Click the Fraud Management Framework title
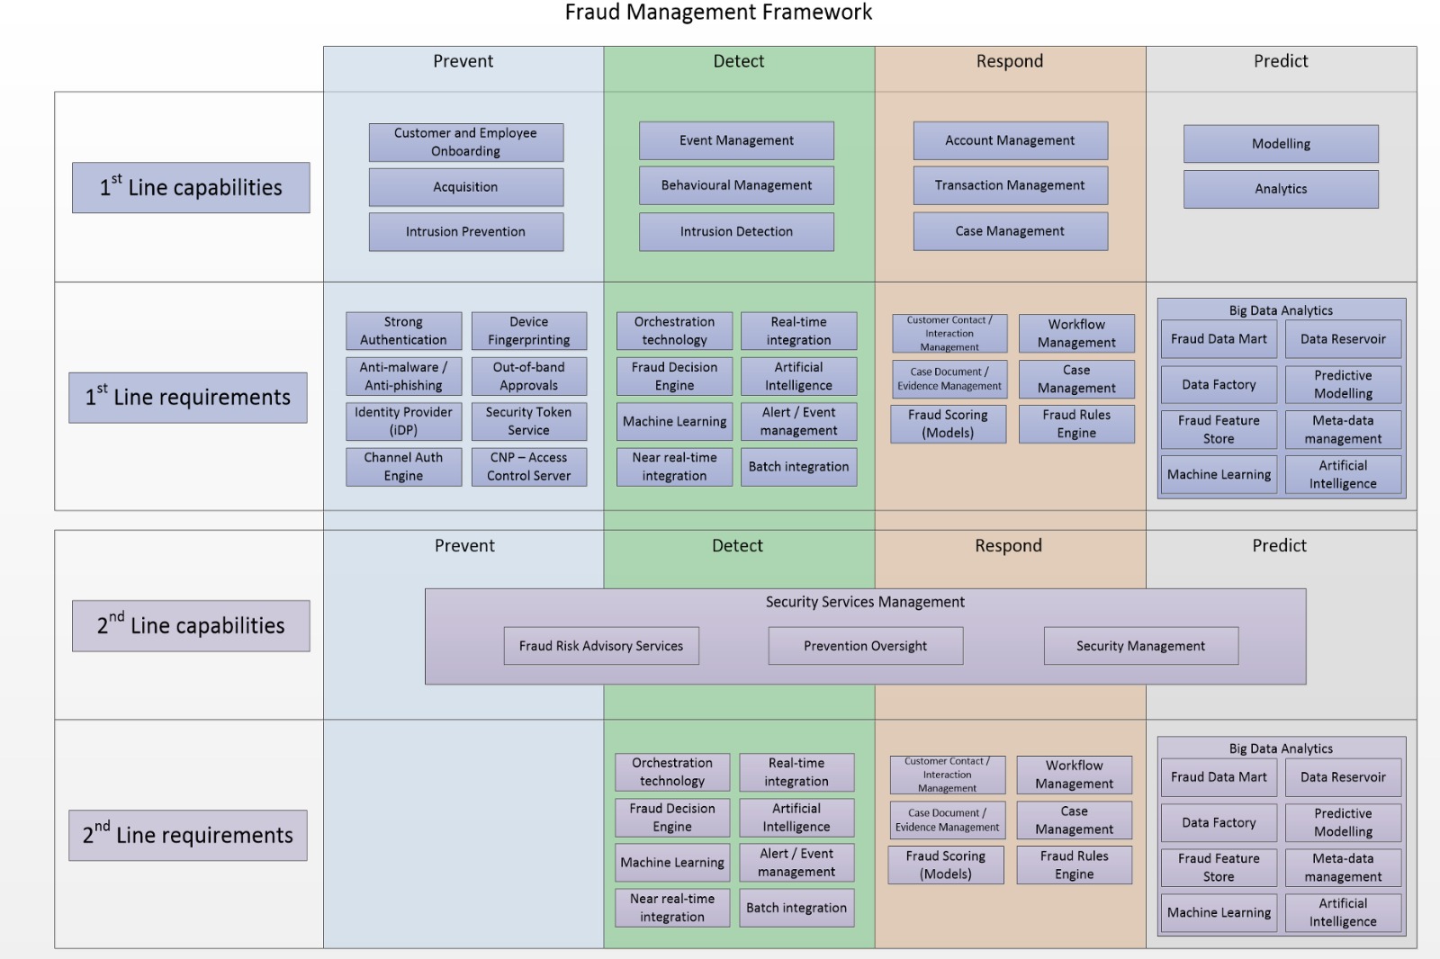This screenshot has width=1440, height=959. [x=718, y=13]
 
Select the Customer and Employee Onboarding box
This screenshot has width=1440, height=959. [x=465, y=142]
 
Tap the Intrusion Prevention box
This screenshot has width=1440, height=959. [x=465, y=232]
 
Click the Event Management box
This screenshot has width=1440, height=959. [x=736, y=141]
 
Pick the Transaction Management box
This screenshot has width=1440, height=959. [x=1010, y=185]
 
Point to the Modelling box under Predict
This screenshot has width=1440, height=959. [x=1281, y=144]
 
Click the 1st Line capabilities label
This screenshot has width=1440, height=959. [x=191, y=187]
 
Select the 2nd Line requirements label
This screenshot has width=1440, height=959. [x=187, y=835]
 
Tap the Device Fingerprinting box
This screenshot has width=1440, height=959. [x=528, y=331]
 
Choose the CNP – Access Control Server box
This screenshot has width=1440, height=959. [x=528, y=467]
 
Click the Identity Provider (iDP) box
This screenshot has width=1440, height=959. [x=403, y=421]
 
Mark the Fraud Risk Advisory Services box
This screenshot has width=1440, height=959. [x=601, y=646]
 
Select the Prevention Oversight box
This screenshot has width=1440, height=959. [x=865, y=646]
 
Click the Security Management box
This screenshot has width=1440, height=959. [x=1140, y=646]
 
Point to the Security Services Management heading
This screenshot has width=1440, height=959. [x=865, y=602]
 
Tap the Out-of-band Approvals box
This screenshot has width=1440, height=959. [x=528, y=376]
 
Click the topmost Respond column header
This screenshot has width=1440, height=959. [x=1010, y=61]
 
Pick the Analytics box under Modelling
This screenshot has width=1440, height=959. [x=1281, y=189]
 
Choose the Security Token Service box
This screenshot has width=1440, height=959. [x=528, y=421]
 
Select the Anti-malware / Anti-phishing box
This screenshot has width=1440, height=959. [x=403, y=376]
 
